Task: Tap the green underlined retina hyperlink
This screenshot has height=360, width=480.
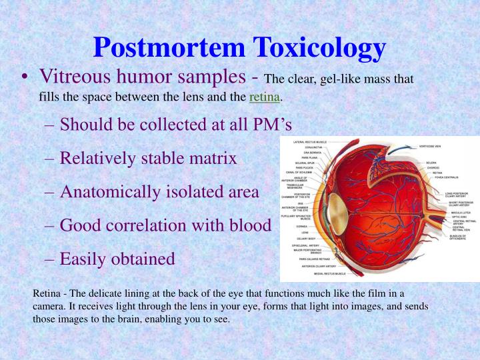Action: click(264, 98)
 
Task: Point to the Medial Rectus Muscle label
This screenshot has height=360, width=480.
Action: click(325, 273)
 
